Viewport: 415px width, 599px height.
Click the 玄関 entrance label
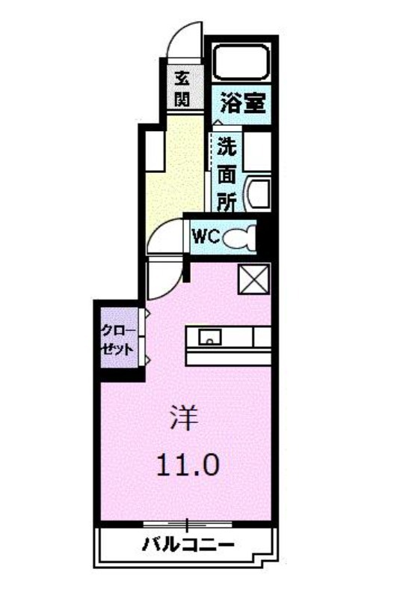click(x=182, y=89)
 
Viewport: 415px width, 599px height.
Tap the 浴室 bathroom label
click(x=243, y=103)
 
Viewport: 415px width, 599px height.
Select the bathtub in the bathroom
click(x=242, y=61)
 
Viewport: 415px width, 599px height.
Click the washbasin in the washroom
click(x=259, y=193)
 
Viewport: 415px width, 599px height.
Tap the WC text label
click(x=206, y=237)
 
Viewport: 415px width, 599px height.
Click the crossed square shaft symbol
click(x=254, y=279)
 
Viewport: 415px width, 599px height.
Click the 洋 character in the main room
click(x=184, y=419)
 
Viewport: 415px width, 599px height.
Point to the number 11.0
click(x=188, y=465)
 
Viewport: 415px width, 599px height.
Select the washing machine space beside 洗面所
click(x=257, y=152)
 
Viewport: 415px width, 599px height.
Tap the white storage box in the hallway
click(x=155, y=151)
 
